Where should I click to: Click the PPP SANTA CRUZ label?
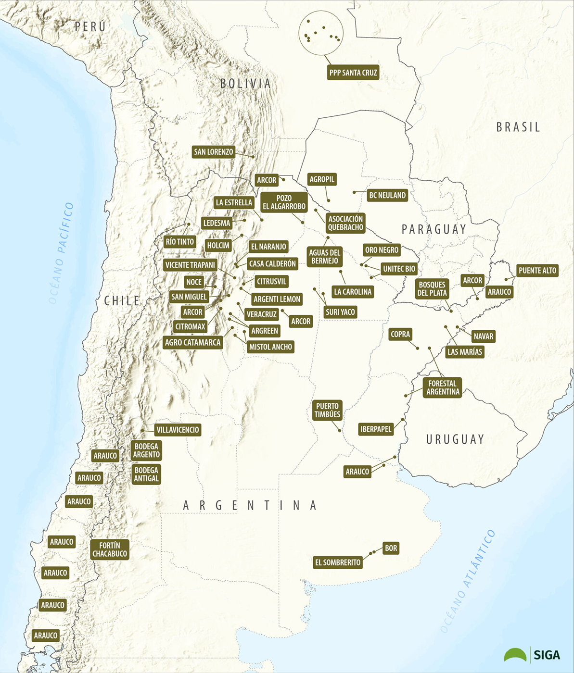pyautogui.click(x=353, y=73)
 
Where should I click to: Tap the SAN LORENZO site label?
pyautogui.click(x=213, y=152)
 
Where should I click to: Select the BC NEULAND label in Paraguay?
pyautogui.click(x=387, y=195)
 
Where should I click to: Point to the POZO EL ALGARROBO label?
pyautogui.click(x=284, y=202)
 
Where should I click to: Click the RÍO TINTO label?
pyautogui.click(x=179, y=242)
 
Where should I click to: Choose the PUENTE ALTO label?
pyautogui.click(x=537, y=271)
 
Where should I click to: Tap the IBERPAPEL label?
pyautogui.click(x=376, y=429)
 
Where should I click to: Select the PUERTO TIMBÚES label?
pyautogui.click(x=327, y=410)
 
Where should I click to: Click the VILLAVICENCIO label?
pyautogui.click(x=178, y=430)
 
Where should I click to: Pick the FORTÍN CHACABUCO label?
pyautogui.click(x=110, y=549)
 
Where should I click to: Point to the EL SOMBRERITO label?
pyautogui.click(x=338, y=562)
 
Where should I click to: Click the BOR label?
pyautogui.click(x=391, y=548)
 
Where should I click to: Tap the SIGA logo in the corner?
pyautogui.click(x=532, y=655)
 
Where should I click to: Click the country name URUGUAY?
pyautogui.click(x=455, y=439)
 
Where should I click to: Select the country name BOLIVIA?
pyautogui.click(x=245, y=83)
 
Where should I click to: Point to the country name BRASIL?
pyautogui.click(x=518, y=127)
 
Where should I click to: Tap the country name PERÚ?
pyautogui.click(x=90, y=26)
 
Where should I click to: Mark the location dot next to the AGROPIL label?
pyautogui.click(x=329, y=200)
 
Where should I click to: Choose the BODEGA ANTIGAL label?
pyautogui.click(x=146, y=474)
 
